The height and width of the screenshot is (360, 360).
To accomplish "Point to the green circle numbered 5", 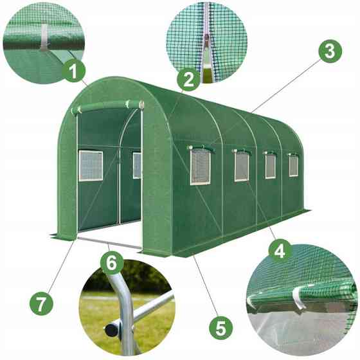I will pyautogui.click(x=221, y=328).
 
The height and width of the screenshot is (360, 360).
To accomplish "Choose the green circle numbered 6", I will pyautogui.click(x=111, y=262).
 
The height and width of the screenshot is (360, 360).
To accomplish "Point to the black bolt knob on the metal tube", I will pyautogui.click(x=112, y=328).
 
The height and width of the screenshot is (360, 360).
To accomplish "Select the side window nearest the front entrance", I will pyautogui.click(x=200, y=167).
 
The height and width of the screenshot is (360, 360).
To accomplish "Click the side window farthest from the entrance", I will pyautogui.click(x=293, y=165).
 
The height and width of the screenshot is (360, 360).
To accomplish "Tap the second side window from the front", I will pyautogui.click(x=242, y=166).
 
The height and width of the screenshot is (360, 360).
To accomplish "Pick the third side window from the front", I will pyautogui.click(x=270, y=166).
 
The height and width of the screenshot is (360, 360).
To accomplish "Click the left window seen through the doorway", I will pyautogui.click(x=90, y=166).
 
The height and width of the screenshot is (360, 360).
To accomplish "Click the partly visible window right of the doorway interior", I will pyautogui.click(x=137, y=165).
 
